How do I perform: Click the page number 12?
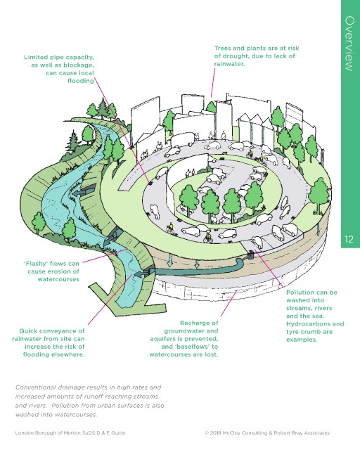(x=349, y=239)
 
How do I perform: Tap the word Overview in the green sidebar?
(x=349, y=44)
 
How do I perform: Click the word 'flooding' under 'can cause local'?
(x=81, y=81)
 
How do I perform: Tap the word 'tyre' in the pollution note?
(x=292, y=332)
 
